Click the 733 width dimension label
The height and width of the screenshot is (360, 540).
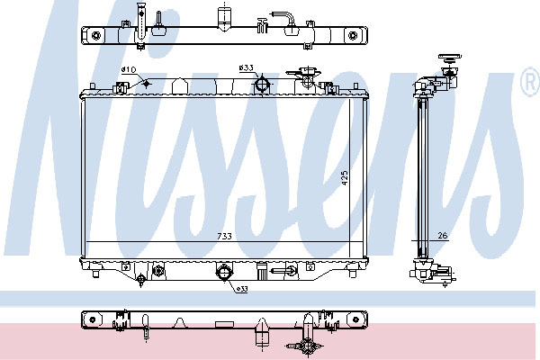point(224,236)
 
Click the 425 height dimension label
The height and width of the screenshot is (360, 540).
point(345,178)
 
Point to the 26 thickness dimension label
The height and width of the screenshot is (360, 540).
point(443,235)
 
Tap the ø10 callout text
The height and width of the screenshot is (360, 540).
point(129,70)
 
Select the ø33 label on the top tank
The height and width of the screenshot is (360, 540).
point(247,67)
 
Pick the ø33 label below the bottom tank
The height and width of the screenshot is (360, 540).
point(242,290)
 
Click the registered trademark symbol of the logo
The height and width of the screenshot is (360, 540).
point(530,81)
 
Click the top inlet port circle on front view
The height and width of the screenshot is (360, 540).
point(262,84)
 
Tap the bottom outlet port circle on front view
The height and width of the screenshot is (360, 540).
point(223,272)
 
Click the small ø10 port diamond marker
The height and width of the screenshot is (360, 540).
point(147,84)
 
